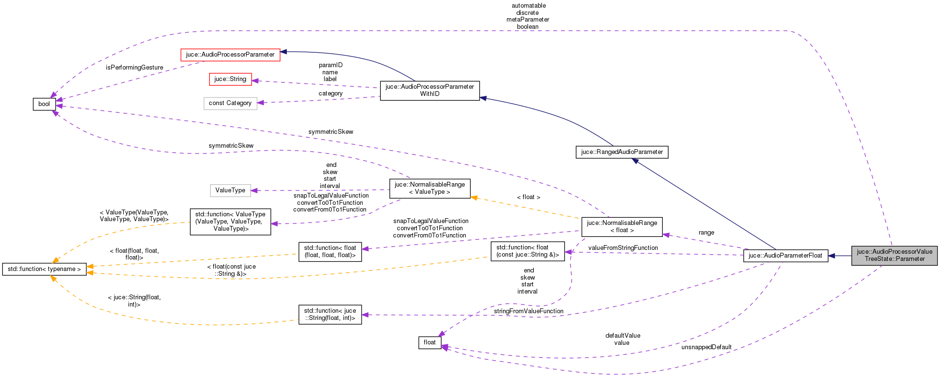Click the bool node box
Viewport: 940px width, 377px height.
44,104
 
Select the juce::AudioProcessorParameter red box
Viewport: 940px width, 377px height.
230,55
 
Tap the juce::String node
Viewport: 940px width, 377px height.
230,79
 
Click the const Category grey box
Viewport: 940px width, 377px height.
230,103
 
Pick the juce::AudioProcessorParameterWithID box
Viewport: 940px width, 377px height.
430,90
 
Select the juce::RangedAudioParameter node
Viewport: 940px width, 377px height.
622,152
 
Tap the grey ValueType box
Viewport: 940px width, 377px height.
230,190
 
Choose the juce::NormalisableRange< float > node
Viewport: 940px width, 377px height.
622,226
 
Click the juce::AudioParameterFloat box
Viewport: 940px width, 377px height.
785,256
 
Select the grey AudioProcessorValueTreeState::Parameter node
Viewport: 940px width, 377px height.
894,255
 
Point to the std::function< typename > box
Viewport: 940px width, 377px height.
44,269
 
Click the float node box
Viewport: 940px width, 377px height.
430,342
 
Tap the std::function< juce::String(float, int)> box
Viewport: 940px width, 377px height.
330,314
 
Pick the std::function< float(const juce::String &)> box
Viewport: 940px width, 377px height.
528,251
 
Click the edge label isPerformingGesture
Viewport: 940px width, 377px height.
134,68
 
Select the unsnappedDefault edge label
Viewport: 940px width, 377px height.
706,347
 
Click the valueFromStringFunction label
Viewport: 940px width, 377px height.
623,248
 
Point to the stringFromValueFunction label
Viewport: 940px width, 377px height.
529,311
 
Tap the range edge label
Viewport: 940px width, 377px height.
706,233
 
